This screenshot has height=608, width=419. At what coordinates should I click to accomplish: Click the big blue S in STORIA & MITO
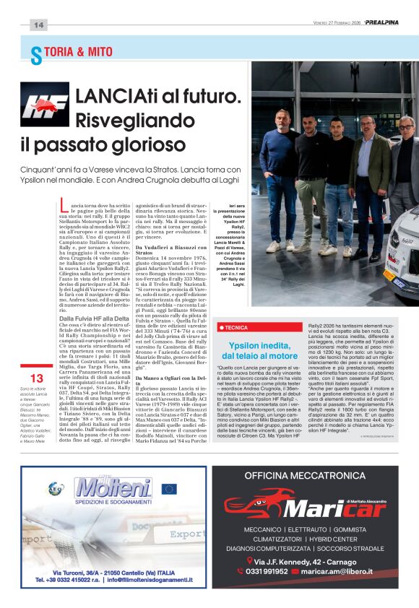[x=35, y=54]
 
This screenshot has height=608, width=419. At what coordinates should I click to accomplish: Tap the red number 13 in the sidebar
[x=37, y=378]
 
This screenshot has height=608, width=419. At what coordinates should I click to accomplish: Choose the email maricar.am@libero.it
[x=341, y=571]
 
